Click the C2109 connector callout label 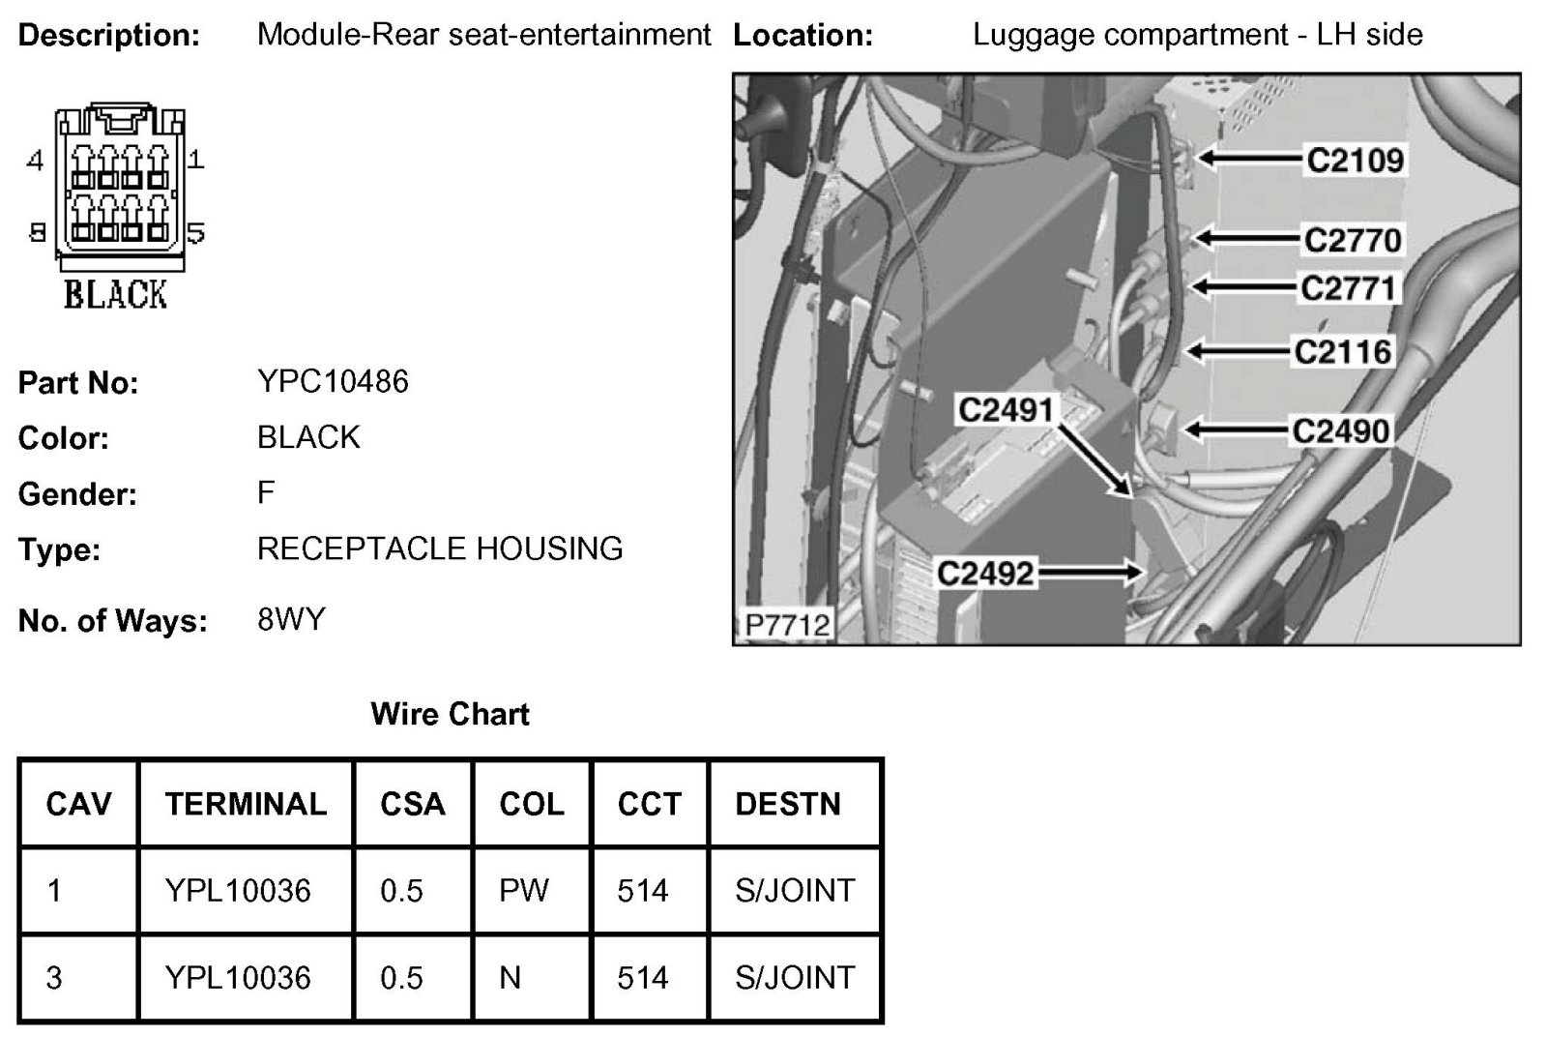[1355, 160]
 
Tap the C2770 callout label [1352, 240]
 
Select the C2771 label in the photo [1348, 288]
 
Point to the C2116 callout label [1342, 351]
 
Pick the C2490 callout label [1340, 430]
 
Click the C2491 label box [1005, 410]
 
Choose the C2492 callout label [985, 574]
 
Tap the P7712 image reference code [787, 625]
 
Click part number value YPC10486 [333, 381]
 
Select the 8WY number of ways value [291, 618]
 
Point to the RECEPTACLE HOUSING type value [440, 548]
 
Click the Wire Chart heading [450, 714]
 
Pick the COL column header [532, 804]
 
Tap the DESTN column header [787, 804]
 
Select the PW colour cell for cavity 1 [524, 890]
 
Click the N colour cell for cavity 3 [510, 977]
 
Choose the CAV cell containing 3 [54, 977]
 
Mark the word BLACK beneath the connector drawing [115, 294]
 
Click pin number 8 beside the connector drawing [37, 232]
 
